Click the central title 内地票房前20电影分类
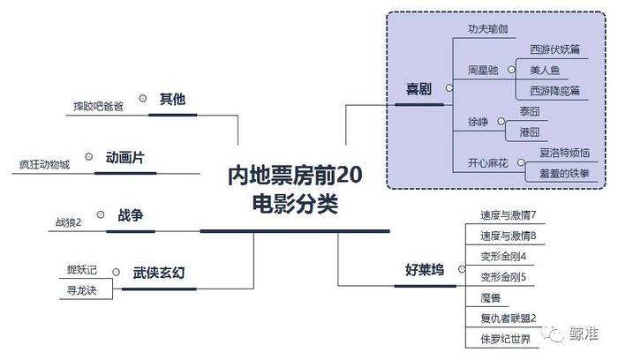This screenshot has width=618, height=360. tap(295, 191)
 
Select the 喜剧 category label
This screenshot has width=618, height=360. tap(418, 89)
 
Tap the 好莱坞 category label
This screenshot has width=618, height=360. tap(425, 270)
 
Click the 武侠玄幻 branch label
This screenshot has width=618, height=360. tap(158, 273)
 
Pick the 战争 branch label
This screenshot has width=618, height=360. tap(131, 215)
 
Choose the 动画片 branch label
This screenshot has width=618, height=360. tap(125, 158)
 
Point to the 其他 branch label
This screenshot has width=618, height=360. tap(173, 99)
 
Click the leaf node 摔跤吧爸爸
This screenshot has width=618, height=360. tap(99, 107)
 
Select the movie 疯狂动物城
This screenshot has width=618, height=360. tap(44, 164)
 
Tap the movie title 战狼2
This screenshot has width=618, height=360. tap(68, 222)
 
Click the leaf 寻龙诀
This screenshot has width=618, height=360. tap(81, 290)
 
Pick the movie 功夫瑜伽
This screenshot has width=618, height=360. tap(488, 29)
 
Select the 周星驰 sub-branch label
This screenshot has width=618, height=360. tap(483, 70)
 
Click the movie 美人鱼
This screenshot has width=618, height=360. tap(545, 70)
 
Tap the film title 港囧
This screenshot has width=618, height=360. tap(530, 132)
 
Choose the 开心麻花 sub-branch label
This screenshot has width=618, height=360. tap(488, 163)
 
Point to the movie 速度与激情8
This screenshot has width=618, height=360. tap(508, 236)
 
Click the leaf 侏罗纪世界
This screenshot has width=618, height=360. tap(505, 339)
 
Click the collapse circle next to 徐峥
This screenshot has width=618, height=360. tap(501, 121)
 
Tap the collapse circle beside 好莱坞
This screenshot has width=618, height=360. tap(462, 269)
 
